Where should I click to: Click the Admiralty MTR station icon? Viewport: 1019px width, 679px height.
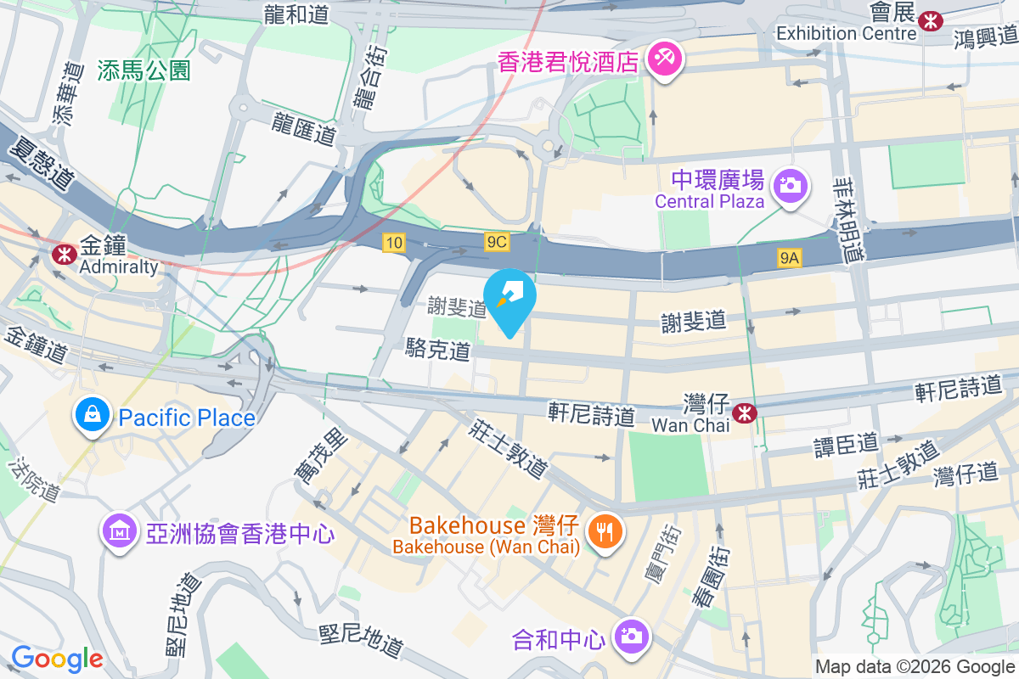click(63, 254)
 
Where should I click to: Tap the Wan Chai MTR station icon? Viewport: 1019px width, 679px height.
click(745, 413)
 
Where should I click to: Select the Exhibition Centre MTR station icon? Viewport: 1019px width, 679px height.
click(932, 20)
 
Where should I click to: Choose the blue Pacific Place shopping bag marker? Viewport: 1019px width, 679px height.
click(90, 417)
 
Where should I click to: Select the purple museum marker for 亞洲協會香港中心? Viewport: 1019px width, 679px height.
click(119, 532)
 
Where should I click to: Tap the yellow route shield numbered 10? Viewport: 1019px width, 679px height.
click(393, 243)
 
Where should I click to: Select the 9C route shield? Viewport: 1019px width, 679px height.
click(497, 243)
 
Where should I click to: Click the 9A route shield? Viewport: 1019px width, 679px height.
click(790, 258)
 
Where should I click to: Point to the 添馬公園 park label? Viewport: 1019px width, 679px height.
click(144, 70)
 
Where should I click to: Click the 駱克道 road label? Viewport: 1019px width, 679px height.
click(438, 349)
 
